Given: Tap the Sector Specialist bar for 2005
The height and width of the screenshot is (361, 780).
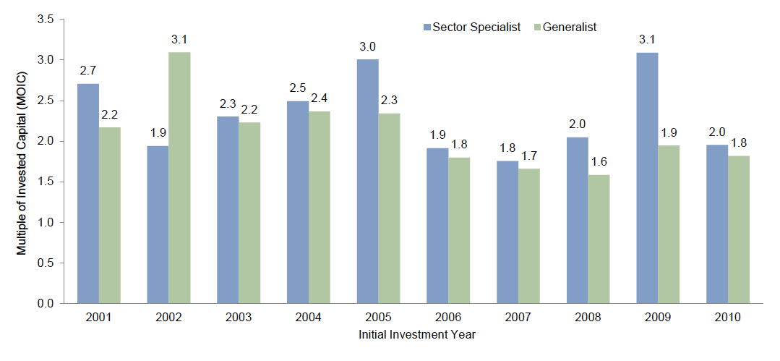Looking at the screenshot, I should [368, 182].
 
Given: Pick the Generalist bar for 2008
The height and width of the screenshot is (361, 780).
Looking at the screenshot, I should [599, 239].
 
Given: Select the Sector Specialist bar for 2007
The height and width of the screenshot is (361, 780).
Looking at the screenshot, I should [507, 232].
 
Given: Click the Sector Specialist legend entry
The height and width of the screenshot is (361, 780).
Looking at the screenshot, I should [471, 27].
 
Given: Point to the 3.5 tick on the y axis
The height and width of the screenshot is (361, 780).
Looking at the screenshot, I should [46, 20].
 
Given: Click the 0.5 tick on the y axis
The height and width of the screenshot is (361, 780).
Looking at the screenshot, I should [46, 263].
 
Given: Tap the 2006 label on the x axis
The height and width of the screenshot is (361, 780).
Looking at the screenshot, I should [447, 318].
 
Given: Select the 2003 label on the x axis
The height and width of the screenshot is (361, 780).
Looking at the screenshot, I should [238, 318].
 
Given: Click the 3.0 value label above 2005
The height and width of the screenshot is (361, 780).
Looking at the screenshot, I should [367, 47].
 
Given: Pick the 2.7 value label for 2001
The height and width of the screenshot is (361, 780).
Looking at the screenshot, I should [88, 71].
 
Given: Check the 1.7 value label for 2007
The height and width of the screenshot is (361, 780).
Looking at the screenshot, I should [528, 156].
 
